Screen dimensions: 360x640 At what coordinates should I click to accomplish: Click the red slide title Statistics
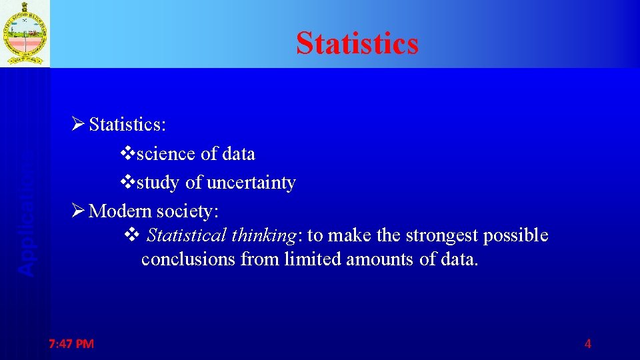click(x=357, y=43)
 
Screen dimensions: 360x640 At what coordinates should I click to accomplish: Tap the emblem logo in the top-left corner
click(x=25, y=33)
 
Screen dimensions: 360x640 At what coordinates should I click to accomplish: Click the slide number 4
click(x=587, y=344)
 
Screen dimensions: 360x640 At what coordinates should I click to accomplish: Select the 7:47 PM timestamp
click(x=71, y=344)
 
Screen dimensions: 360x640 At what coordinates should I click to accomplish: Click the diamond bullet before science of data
click(x=128, y=153)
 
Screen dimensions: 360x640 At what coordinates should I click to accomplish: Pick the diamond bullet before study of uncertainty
click(x=128, y=182)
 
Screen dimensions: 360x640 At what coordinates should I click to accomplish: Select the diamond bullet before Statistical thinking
click(x=131, y=235)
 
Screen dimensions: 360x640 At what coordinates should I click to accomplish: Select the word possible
click(x=517, y=236)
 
